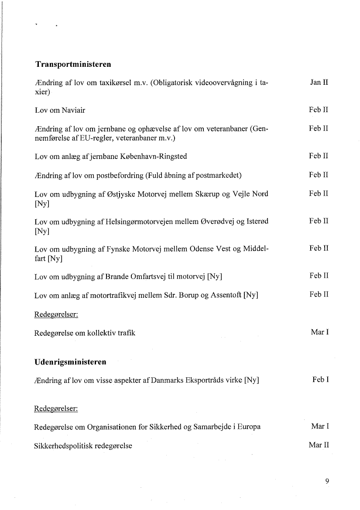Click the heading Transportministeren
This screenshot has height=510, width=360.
73,64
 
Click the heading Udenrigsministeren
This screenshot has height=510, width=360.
70,362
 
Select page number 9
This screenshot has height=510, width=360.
327,482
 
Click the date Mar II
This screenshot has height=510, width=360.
319,445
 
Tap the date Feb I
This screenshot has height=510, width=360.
320,380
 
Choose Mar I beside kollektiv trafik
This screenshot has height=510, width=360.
320,332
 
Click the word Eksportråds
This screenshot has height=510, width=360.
205,380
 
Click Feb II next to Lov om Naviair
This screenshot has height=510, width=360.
319,110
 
